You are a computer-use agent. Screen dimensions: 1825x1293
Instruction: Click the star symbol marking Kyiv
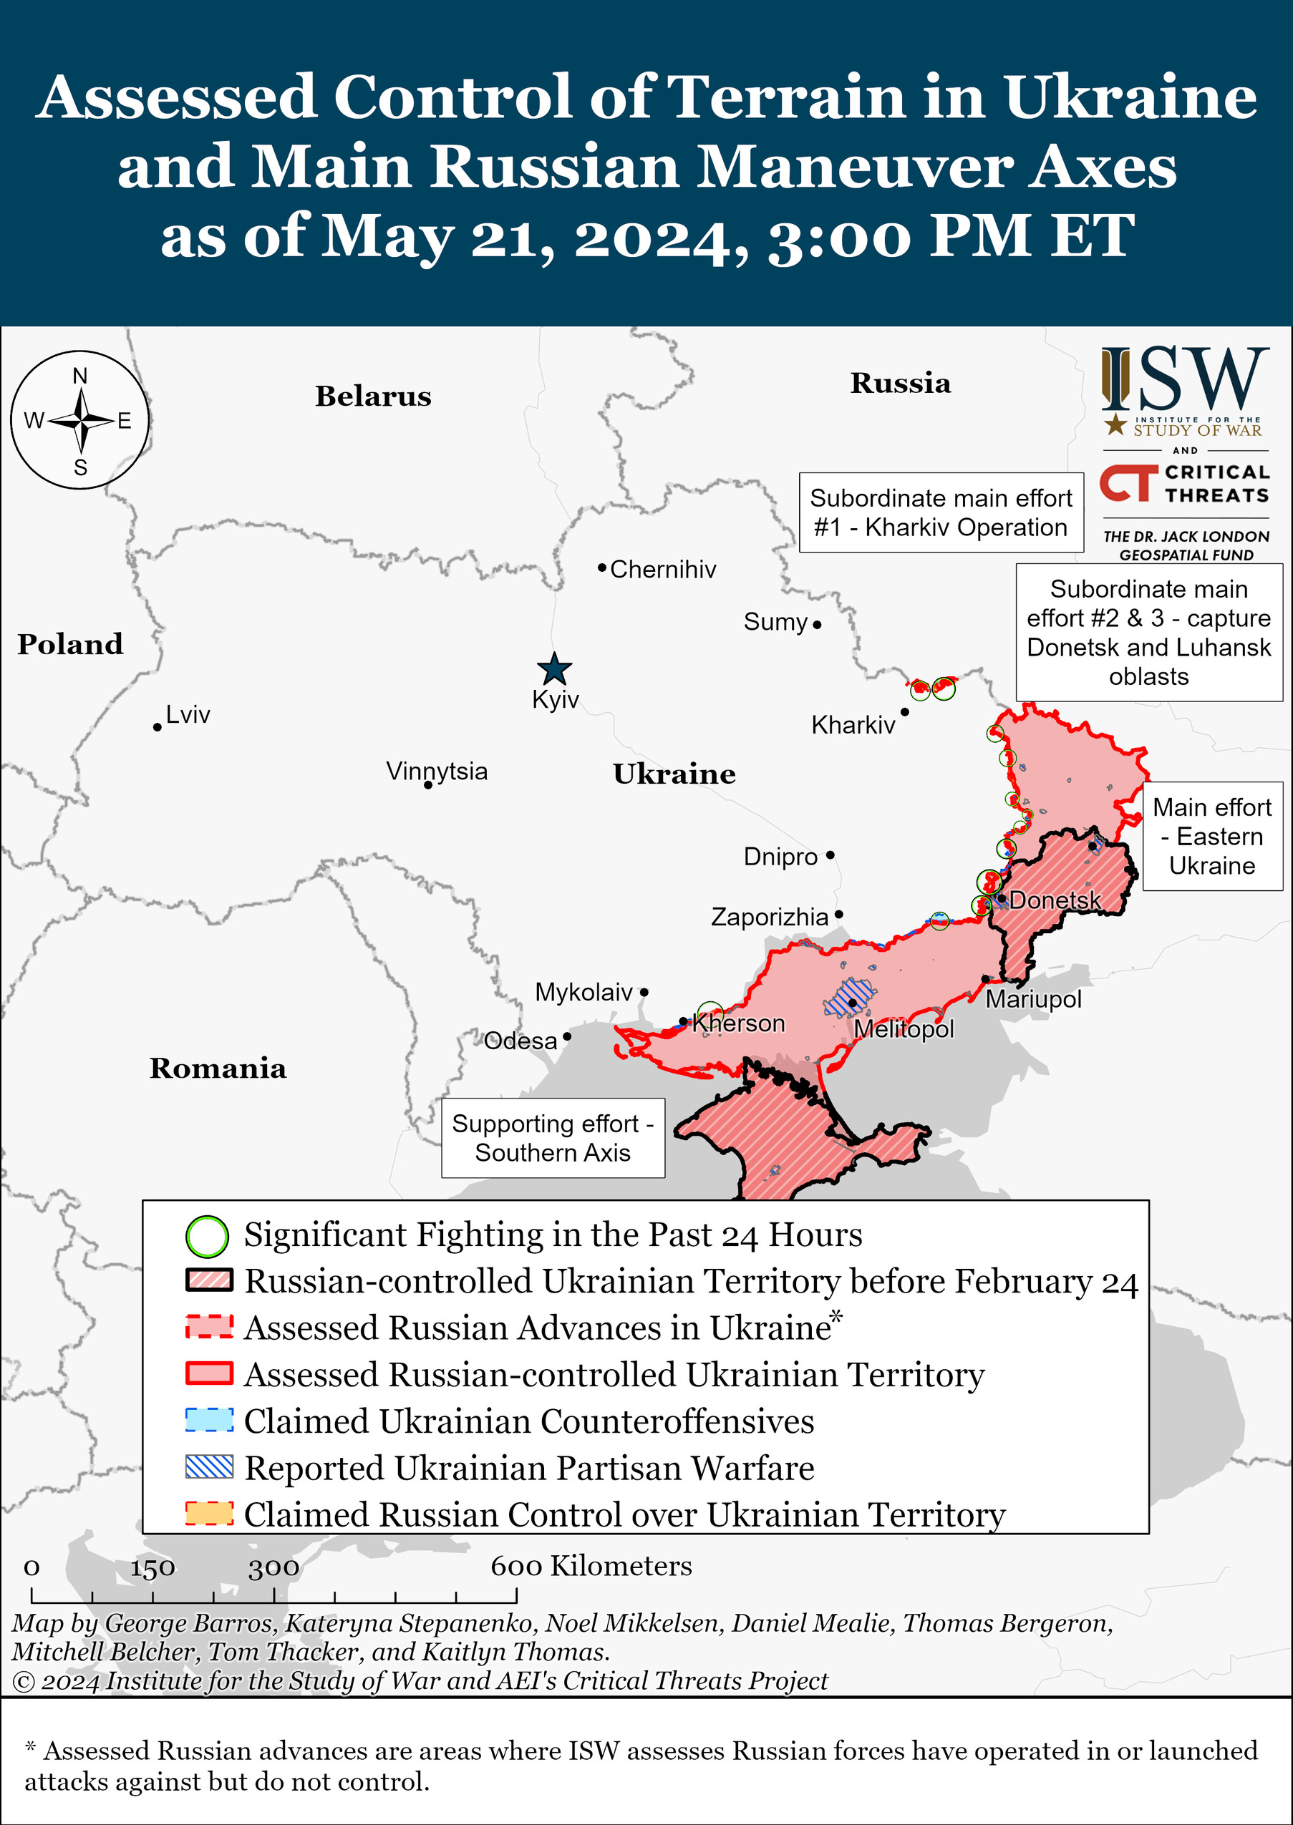click(x=554, y=669)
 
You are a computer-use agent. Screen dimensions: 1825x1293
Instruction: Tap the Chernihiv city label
click(x=662, y=569)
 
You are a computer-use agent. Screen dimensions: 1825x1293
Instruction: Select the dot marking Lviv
click(x=158, y=727)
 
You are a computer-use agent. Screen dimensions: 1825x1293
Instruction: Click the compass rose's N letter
click(x=80, y=376)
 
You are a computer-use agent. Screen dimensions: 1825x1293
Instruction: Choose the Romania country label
click(x=218, y=1068)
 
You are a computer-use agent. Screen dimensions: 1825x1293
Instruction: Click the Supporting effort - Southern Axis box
click(x=553, y=1137)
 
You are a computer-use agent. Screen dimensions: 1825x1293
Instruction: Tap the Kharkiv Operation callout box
click(x=940, y=512)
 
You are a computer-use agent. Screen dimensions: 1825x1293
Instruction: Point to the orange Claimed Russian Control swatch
click(x=209, y=1513)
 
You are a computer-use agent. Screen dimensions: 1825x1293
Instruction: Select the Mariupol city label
click(x=1032, y=999)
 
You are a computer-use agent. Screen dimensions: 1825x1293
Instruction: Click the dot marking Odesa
click(x=567, y=1036)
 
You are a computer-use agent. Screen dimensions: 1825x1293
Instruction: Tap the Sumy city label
click(x=775, y=622)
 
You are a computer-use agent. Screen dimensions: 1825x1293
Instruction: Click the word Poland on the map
click(x=70, y=644)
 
